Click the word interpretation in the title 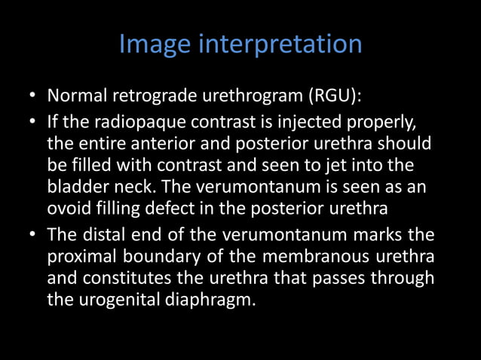pos(281,46)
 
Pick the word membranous pos(320,257)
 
